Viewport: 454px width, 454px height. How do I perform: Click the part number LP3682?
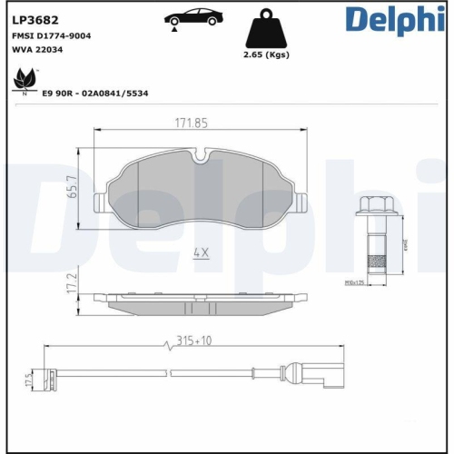point(35,16)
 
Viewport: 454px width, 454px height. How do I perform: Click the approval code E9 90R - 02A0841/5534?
point(94,93)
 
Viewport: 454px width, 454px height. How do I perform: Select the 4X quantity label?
point(201,254)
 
